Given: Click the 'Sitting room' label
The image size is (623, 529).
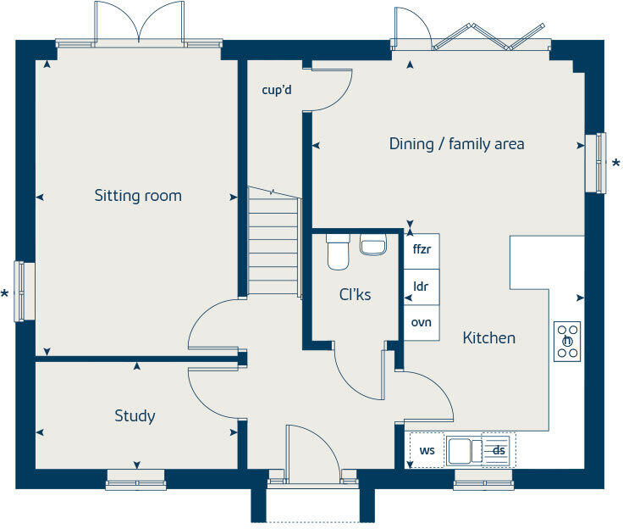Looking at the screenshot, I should [x=138, y=196].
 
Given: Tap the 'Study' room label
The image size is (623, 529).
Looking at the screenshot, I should [x=135, y=416].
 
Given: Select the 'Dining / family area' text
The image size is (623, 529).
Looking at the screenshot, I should [x=456, y=144].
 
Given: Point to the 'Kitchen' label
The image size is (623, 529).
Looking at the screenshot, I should [x=488, y=338].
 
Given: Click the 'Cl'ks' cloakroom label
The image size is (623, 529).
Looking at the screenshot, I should [x=356, y=295].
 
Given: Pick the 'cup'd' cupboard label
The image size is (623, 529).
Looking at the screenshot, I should [x=277, y=89].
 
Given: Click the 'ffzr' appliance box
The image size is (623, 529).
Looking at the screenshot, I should [x=422, y=250].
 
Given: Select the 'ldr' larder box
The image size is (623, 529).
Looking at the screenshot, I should [x=421, y=287].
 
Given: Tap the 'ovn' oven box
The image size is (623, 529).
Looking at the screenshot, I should [x=421, y=323].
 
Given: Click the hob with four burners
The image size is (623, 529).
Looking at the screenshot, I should [x=568, y=341].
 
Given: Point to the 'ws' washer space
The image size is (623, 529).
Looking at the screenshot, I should [x=427, y=450].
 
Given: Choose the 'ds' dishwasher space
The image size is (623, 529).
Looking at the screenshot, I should [x=499, y=450].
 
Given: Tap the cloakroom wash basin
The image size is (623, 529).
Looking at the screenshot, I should [x=372, y=245].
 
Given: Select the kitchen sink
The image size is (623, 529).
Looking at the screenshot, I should [x=460, y=450].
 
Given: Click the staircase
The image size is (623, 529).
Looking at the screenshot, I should [x=273, y=242].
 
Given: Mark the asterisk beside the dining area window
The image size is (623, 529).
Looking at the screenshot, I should [x=615, y=163].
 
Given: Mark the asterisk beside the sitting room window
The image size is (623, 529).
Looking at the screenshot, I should [x=5, y=294].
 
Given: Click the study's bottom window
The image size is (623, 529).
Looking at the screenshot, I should [x=135, y=484].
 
